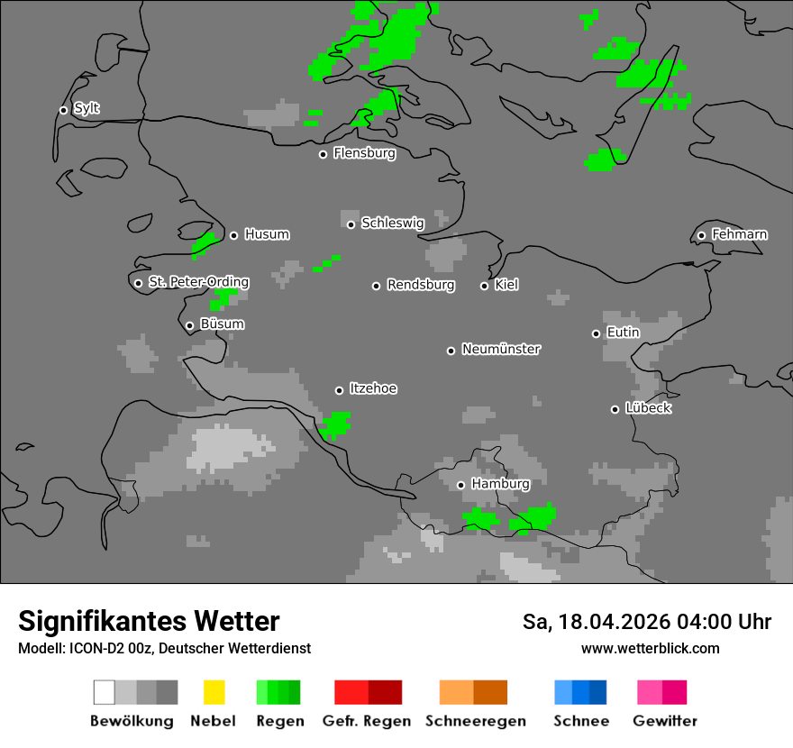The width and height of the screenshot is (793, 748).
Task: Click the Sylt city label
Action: coord(87,109)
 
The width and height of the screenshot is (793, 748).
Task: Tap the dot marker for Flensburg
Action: coord(323,154)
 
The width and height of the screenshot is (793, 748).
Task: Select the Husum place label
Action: coord(267,235)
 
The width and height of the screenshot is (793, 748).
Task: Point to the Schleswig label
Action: coord(392,223)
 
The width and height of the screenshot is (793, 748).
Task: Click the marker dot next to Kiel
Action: coord(484,286)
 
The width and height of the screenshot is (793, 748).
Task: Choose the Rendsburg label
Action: coord(421,286)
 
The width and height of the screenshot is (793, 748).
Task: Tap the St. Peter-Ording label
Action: coord(198,282)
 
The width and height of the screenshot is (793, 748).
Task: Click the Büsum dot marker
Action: coord(189,325)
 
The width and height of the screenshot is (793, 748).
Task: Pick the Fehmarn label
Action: coord(739,235)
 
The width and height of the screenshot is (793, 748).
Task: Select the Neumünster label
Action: coord(501,350)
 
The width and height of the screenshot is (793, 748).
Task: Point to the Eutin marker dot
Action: coord(596,333)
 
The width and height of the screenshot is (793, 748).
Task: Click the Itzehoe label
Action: coord(373,389)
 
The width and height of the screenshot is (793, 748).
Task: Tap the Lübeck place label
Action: coord(648,408)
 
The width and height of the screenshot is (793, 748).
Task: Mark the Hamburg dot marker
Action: coord(460,485)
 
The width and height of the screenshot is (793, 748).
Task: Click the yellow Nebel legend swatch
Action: coord(214,692)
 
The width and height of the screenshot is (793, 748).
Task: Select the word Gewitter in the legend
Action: coord(665,721)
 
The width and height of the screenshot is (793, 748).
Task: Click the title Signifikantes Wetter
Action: coord(149,622)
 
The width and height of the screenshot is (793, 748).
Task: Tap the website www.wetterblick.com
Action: coord(650,648)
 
